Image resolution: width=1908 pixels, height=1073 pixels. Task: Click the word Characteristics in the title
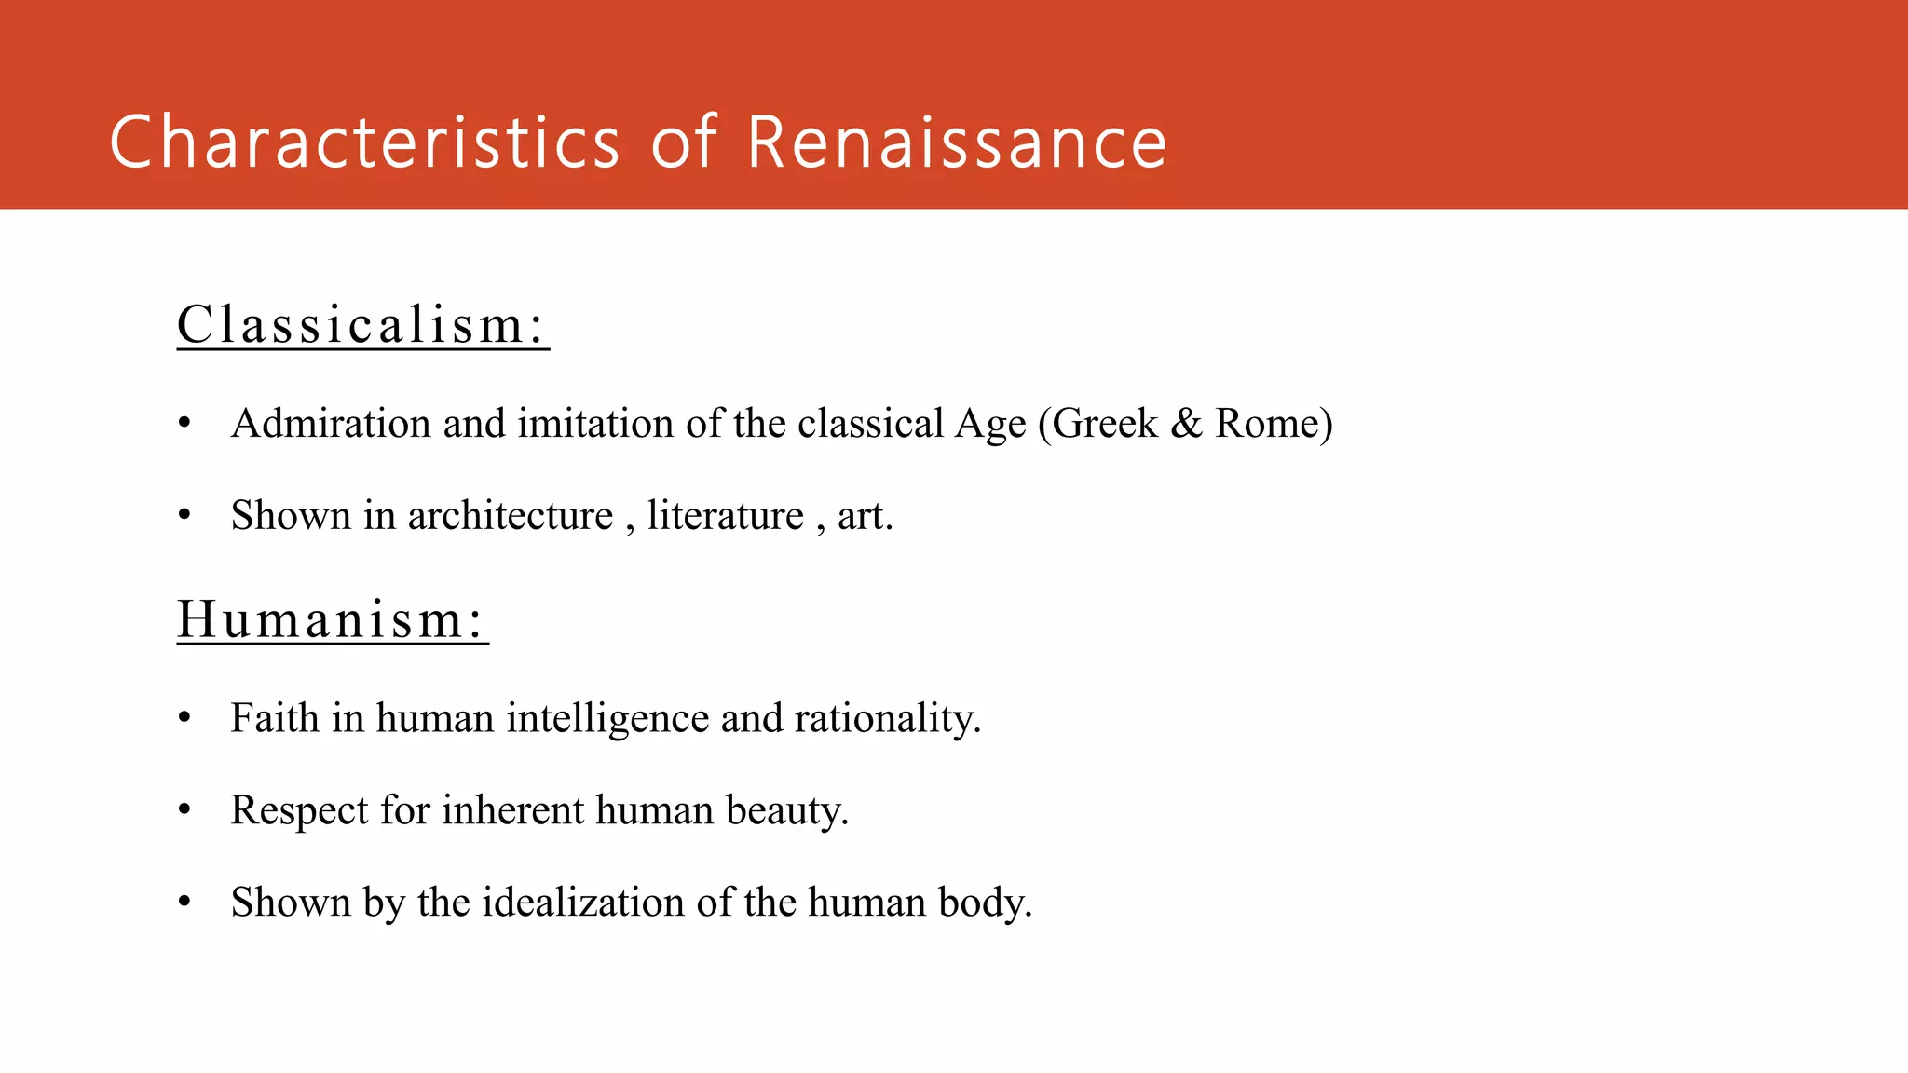(364, 142)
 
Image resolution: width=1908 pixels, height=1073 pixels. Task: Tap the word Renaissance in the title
(957, 142)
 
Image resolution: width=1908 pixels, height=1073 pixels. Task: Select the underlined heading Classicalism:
(362, 324)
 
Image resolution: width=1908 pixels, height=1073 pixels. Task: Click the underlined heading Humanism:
(332, 619)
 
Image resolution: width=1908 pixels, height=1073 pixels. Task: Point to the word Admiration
(331, 424)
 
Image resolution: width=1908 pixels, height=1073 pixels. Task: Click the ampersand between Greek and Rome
(1186, 424)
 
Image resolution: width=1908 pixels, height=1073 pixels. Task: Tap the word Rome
(1273, 424)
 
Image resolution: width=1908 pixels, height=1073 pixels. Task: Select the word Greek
(1104, 424)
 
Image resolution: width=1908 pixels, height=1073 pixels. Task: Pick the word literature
(725, 516)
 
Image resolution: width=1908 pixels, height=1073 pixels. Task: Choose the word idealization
(582, 903)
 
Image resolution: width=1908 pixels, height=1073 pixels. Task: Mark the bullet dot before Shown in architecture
(184, 515)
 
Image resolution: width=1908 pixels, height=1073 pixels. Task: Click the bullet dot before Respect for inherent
(184, 809)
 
